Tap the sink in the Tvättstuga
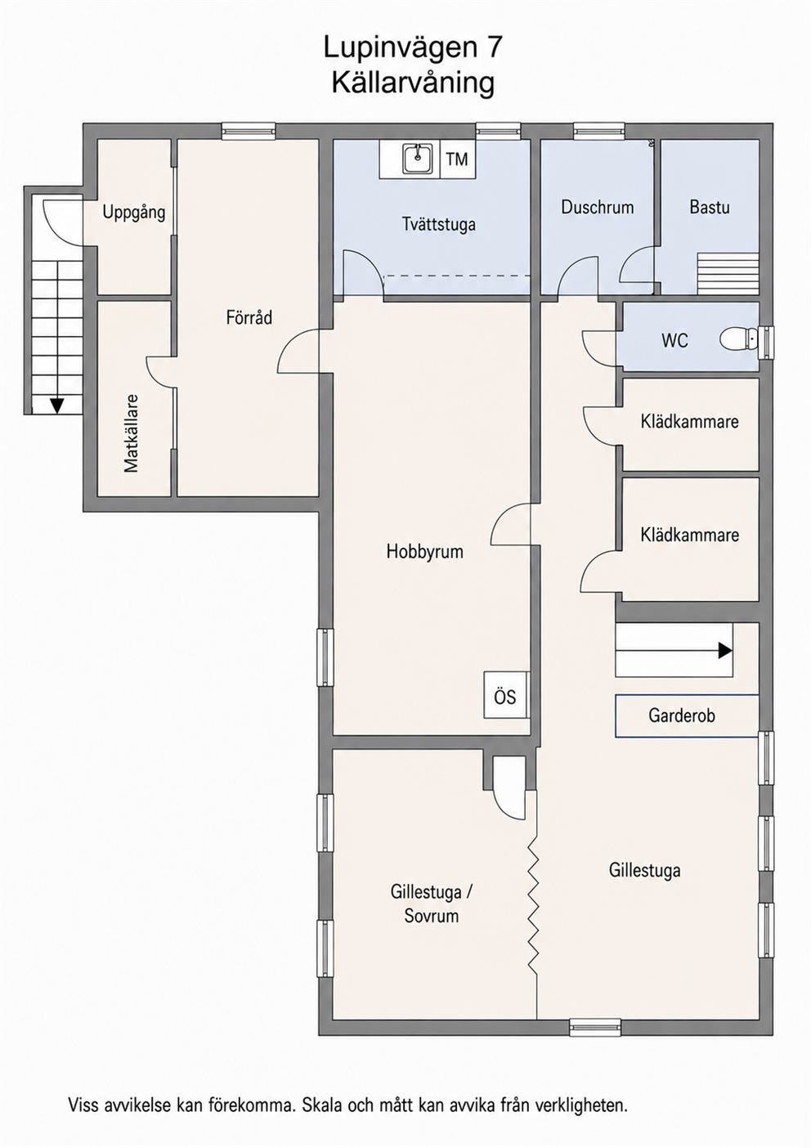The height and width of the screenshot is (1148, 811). (x=418, y=159)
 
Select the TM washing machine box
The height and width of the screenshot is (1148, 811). (x=458, y=159)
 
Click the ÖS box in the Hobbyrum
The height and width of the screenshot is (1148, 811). (x=505, y=697)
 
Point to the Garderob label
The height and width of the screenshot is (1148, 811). (x=682, y=715)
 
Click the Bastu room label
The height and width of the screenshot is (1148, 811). (x=710, y=207)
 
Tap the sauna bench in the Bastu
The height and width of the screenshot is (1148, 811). (x=728, y=274)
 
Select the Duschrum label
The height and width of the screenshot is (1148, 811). (x=598, y=207)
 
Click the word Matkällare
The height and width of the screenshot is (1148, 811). (x=131, y=433)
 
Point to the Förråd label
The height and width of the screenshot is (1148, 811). (x=249, y=318)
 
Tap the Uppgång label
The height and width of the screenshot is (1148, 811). (x=134, y=213)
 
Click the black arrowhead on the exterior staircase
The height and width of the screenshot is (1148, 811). (x=57, y=406)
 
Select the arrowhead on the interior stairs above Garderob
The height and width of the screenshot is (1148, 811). (x=725, y=650)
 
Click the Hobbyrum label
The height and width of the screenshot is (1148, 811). (x=424, y=551)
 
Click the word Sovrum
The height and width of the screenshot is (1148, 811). (x=432, y=915)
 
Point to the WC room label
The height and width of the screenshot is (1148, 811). (x=674, y=340)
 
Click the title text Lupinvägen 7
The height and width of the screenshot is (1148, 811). (x=413, y=49)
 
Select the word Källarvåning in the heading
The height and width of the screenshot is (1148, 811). (x=413, y=83)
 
